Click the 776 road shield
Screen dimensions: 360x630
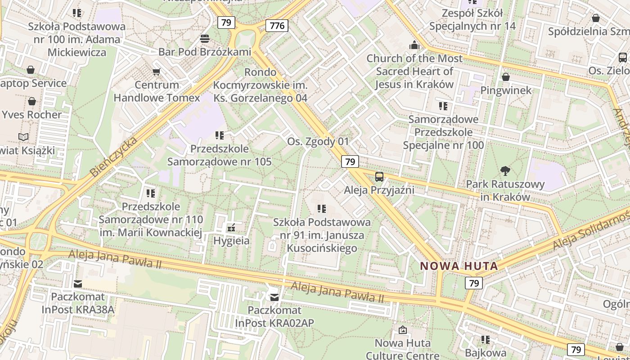pyautogui.click(x=277, y=26)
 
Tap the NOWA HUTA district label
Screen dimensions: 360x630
pyautogui.click(x=459, y=266)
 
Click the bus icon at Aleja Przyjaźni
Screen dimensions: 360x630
pyautogui.click(x=379, y=176)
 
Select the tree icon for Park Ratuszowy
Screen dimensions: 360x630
pyautogui.click(x=505, y=171)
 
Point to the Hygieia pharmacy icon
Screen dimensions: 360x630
pyautogui.click(x=231, y=228)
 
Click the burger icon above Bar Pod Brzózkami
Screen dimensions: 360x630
pyautogui.click(x=205, y=39)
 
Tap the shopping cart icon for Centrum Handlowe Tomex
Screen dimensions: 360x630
pyautogui.click(x=157, y=72)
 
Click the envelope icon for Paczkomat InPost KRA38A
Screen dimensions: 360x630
pyautogui.click(x=78, y=283)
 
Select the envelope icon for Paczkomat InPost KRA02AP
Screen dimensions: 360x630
pyautogui.click(x=274, y=297)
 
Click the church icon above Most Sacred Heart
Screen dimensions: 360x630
pyautogui.click(x=414, y=45)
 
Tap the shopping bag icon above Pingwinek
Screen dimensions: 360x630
pyautogui.click(x=506, y=77)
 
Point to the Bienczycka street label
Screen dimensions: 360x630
pyautogui.click(x=113, y=157)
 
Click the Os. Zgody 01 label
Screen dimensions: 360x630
pyautogui.click(x=318, y=141)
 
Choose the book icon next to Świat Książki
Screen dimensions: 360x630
pyautogui.click(x=23, y=137)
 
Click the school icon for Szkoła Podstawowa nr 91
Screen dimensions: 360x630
pyautogui.click(x=321, y=209)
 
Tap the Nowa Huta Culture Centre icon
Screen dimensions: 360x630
pyautogui.click(x=403, y=330)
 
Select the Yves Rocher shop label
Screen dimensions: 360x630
pyautogui.click(x=31, y=114)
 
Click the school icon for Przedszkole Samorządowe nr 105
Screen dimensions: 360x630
pyautogui.click(x=220, y=135)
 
